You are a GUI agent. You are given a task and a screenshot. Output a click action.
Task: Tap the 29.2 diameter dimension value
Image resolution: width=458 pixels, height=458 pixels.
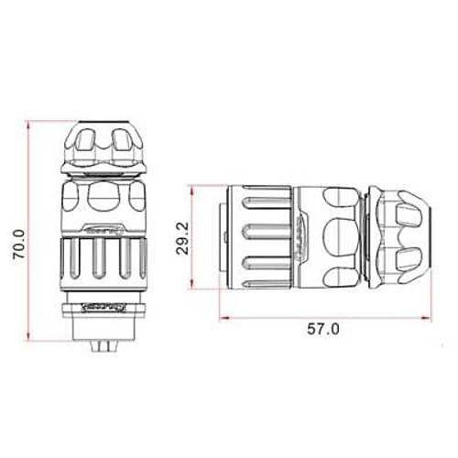(x=182, y=235)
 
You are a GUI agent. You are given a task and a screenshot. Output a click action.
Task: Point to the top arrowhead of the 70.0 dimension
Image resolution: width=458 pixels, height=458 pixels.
(x=32, y=124)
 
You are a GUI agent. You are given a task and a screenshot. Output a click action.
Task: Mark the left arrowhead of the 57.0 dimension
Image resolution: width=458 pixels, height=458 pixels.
(x=224, y=318)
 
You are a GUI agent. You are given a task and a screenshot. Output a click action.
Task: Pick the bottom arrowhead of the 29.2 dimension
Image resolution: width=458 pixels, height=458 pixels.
(x=195, y=284)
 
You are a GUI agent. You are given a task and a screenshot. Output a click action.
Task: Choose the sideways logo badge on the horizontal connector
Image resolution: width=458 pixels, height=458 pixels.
(x=299, y=236)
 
